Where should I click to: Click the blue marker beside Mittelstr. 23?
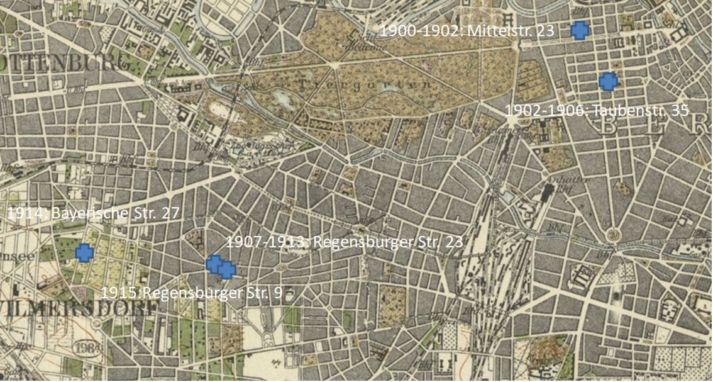tap(580, 30)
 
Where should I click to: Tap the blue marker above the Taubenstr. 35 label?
tap(608, 81)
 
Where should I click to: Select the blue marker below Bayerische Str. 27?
tap(84, 253)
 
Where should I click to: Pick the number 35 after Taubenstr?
tap(680, 111)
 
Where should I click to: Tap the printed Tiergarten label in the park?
tap(365, 84)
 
